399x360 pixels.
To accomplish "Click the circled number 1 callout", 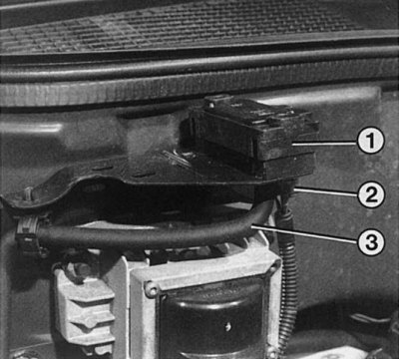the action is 371,141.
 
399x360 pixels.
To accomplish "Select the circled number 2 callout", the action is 371,195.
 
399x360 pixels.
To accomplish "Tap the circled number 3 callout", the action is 371,242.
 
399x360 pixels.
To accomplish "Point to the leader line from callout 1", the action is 325,144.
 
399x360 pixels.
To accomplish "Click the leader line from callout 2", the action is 326,191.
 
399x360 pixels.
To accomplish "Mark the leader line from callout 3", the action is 304,234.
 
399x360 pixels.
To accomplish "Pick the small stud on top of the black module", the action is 210,104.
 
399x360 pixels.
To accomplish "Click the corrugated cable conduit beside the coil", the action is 288,276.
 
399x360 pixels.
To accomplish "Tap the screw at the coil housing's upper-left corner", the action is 152,290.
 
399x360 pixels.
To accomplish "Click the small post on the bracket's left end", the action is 29,193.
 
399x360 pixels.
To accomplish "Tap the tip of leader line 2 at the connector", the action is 295,188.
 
